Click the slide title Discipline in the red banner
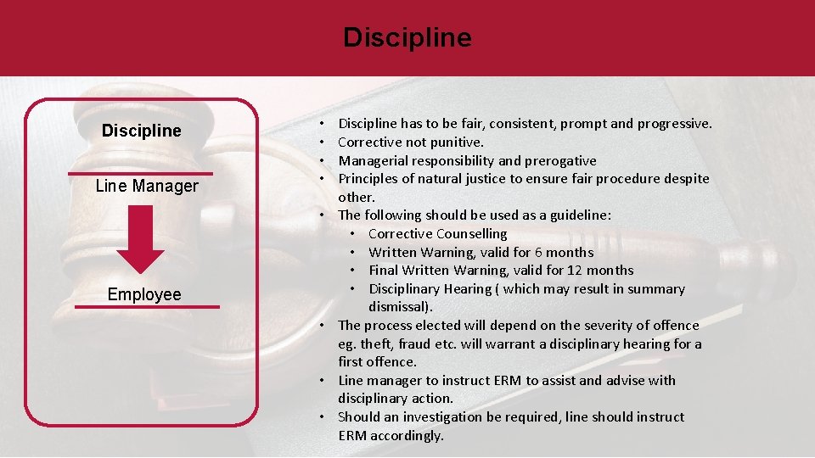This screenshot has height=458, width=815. point(407,38)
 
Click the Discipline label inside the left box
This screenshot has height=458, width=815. point(141,131)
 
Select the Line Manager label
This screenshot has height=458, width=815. point(147,186)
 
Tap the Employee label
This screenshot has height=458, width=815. point(144,294)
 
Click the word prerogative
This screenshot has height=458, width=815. point(560,161)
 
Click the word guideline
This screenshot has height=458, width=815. point(576,215)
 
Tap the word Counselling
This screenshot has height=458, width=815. point(472,234)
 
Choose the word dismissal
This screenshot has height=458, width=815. point(400,307)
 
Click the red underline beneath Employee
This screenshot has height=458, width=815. point(147,307)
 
